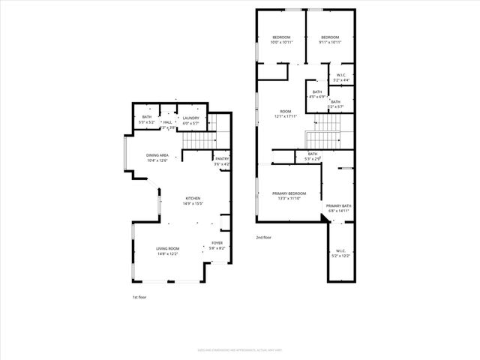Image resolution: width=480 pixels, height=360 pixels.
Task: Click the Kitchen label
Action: [x=194, y=200]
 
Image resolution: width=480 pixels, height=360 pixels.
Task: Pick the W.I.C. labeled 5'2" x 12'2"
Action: [x=340, y=253]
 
